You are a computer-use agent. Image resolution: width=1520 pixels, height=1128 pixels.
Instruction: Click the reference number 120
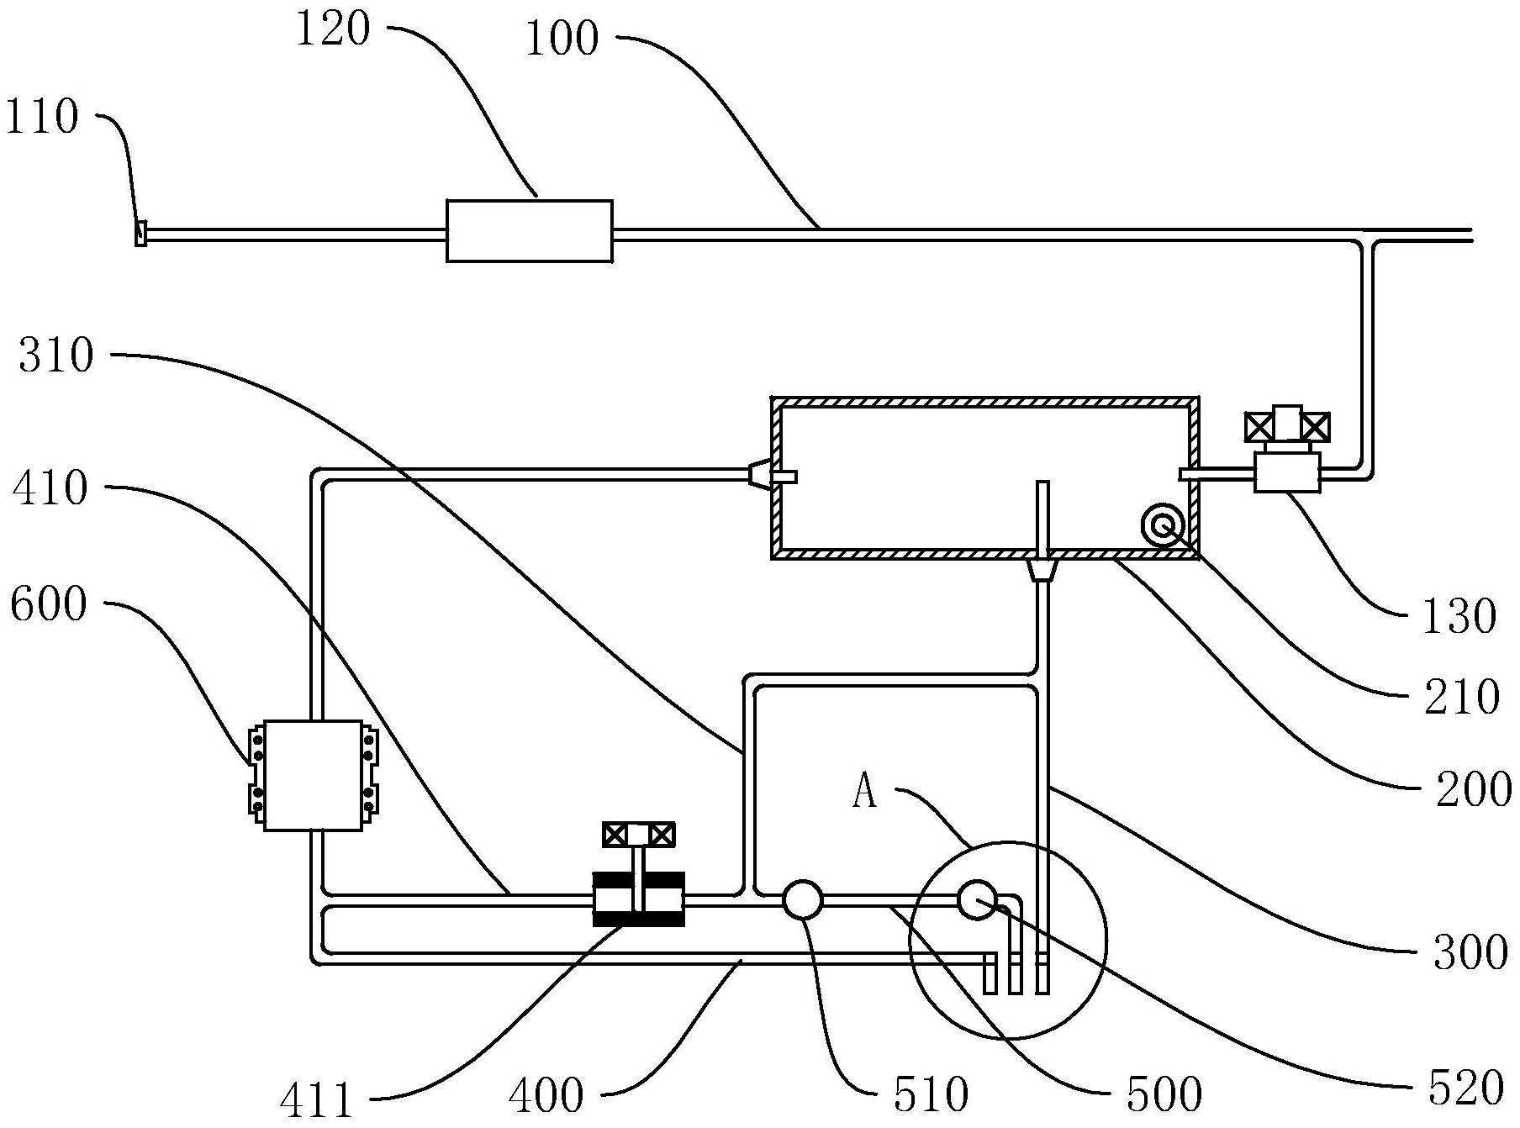click(332, 30)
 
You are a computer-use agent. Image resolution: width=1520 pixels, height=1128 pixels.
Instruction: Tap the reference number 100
click(562, 40)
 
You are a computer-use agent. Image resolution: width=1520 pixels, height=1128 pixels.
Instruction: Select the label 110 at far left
click(41, 118)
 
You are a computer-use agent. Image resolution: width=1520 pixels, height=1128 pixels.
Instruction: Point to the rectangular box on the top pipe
click(529, 231)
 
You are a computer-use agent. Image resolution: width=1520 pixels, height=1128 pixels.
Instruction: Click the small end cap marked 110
click(140, 233)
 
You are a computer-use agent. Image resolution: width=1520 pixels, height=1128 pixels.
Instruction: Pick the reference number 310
click(55, 356)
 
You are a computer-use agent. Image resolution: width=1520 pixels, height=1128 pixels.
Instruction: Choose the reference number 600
click(48, 604)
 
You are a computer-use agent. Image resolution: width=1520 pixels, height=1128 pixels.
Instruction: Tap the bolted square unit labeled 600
click(313, 775)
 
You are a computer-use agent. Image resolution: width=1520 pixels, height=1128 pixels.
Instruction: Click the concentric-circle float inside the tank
click(1164, 527)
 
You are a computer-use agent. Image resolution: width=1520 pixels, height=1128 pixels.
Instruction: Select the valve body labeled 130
click(1286, 471)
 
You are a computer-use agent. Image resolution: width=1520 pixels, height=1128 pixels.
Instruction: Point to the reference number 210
click(1461, 697)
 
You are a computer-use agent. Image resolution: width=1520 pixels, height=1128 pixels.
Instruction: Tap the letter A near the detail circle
click(865, 792)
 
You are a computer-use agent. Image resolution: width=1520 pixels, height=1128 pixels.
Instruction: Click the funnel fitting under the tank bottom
click(1042, 571)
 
